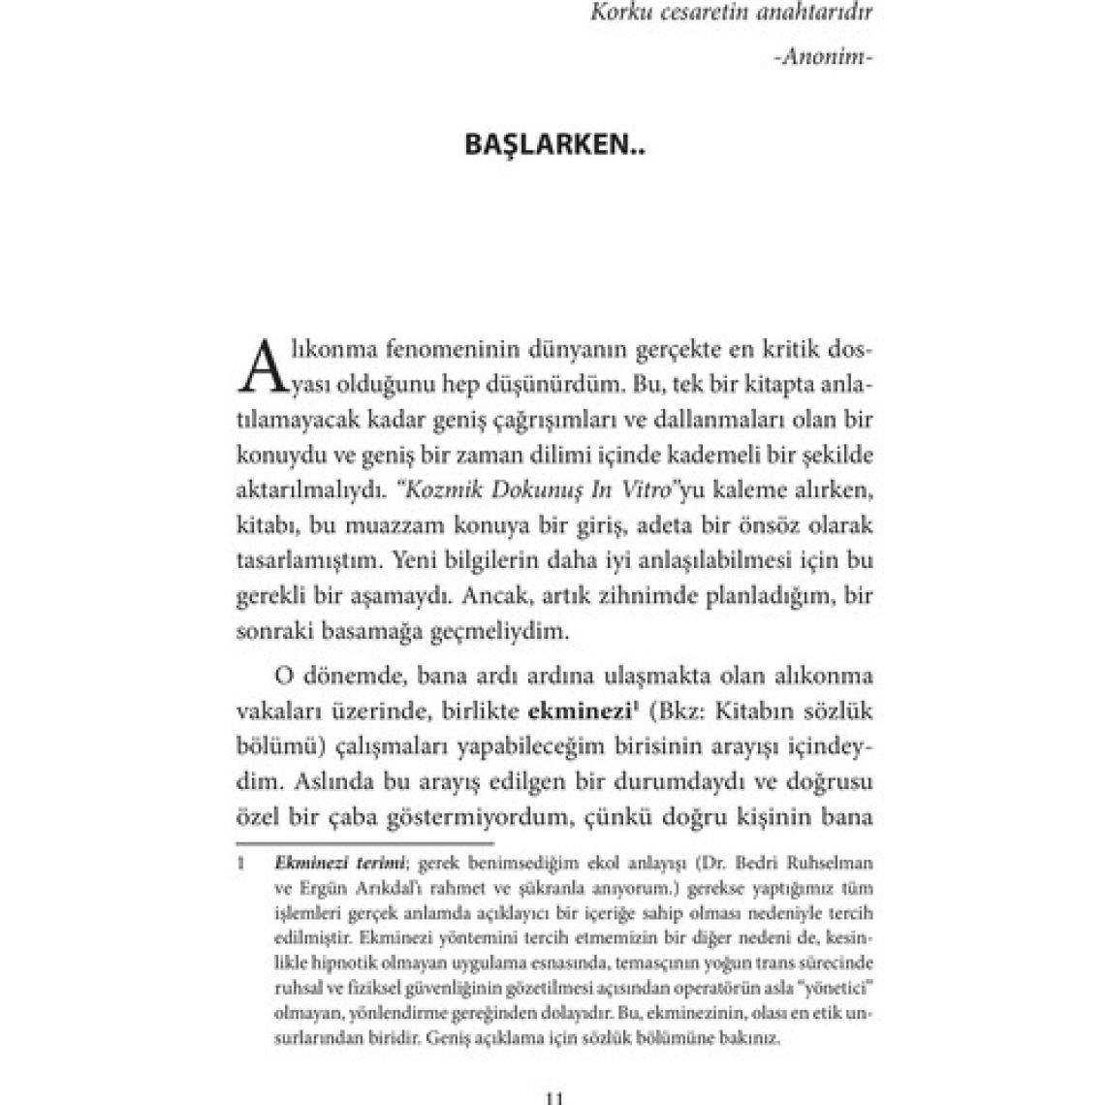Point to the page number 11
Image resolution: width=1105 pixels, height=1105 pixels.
click(552, 1097)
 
